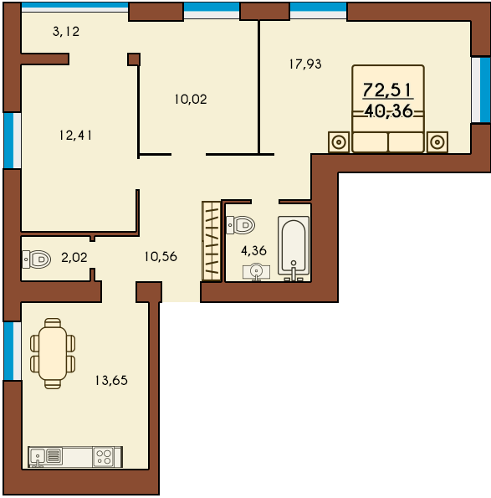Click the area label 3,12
(x=66, y=32)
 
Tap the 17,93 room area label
(x=305, y=64)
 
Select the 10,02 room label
(x=191, y=100)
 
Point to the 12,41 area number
(x=75, y=136)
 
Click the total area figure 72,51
(x=387, y=90)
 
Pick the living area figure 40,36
(x=388, y=111)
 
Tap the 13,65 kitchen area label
(x=111, y=380)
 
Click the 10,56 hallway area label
(x=161, y=257)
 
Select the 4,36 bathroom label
(x=253, y=251)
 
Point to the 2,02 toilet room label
(x=74, y=258)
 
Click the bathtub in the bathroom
(x=294, y=249)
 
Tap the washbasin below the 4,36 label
(x=257, y=272)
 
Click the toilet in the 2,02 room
(x=37, y=259)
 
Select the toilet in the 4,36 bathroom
(x=241, y=225)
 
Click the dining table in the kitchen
(x=53, y=353)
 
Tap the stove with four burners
(x=105, y=457)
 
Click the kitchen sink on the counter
(x=38, y=457)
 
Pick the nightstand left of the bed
(x=339, y=142)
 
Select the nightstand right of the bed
(x=437, y=142)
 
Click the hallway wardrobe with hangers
(x=212, y=241)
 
